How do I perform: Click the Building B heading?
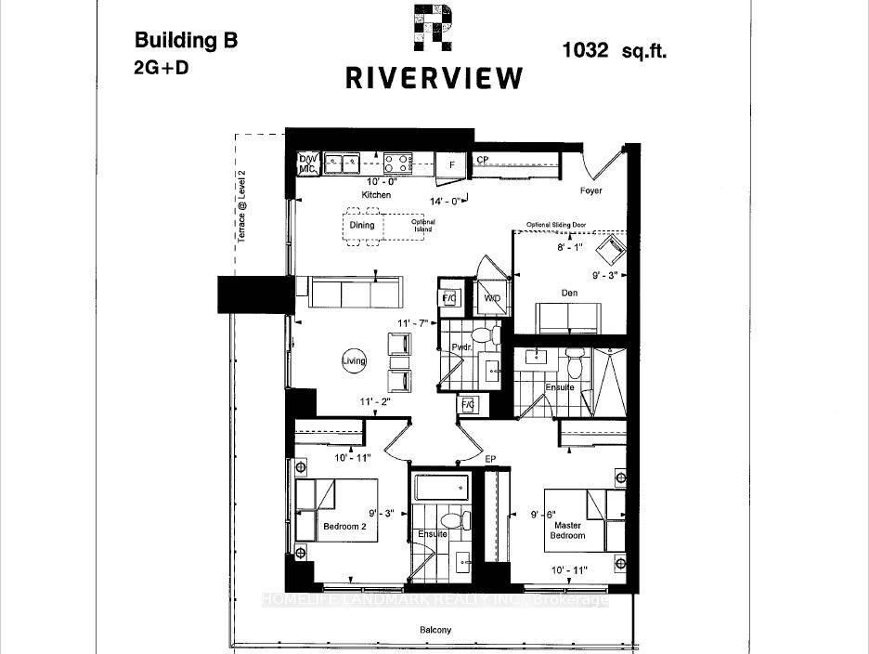tap(186, 40)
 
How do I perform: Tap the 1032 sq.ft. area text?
tap(614, 51)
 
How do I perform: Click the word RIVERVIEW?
tap(434, 78)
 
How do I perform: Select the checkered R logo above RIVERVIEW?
tap(433, 27)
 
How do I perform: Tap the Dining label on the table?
tap(362, 225)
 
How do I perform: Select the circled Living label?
tap(354, 361)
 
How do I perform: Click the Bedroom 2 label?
tap(345, 527)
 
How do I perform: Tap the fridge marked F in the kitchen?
tap(451, 164)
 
